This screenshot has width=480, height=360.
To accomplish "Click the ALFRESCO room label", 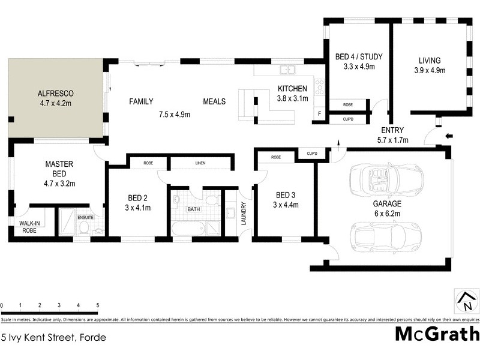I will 55,94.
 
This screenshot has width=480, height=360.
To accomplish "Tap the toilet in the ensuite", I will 84,227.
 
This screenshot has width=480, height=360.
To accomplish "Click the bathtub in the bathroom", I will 187,229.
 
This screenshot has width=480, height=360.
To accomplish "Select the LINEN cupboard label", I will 200,163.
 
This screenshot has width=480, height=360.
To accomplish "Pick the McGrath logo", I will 437,334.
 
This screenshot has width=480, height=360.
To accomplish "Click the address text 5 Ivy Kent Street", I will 54,337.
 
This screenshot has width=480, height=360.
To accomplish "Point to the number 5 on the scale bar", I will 97,305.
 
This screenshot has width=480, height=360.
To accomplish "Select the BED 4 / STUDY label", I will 359,58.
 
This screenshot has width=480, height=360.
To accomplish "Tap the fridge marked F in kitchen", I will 319,113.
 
